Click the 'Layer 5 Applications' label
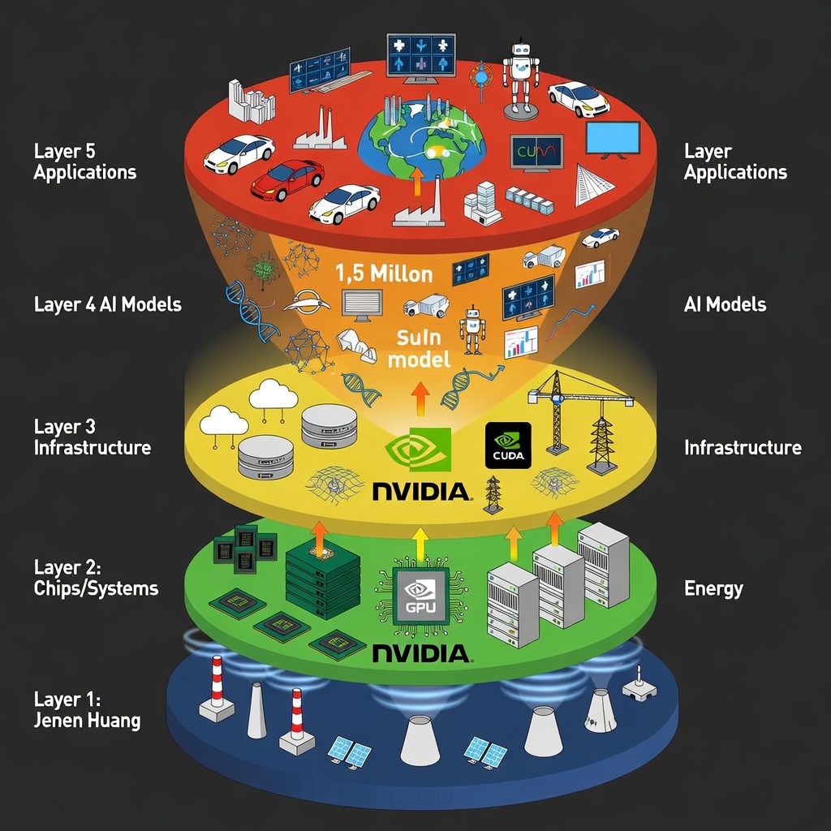[x=84, y=161]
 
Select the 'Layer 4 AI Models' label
[x=107, y=304]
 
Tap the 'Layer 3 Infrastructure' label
[x=92, y=437]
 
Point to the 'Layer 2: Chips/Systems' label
[x=96, y=577]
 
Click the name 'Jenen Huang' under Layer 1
[x=87, y=720]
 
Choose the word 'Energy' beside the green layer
[x=713, y=588]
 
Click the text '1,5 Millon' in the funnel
[x=384, y=273]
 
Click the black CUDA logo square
[x=508, y=446]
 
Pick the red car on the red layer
[x=286, y=179]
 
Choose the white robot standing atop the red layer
[x=520, y=79]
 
